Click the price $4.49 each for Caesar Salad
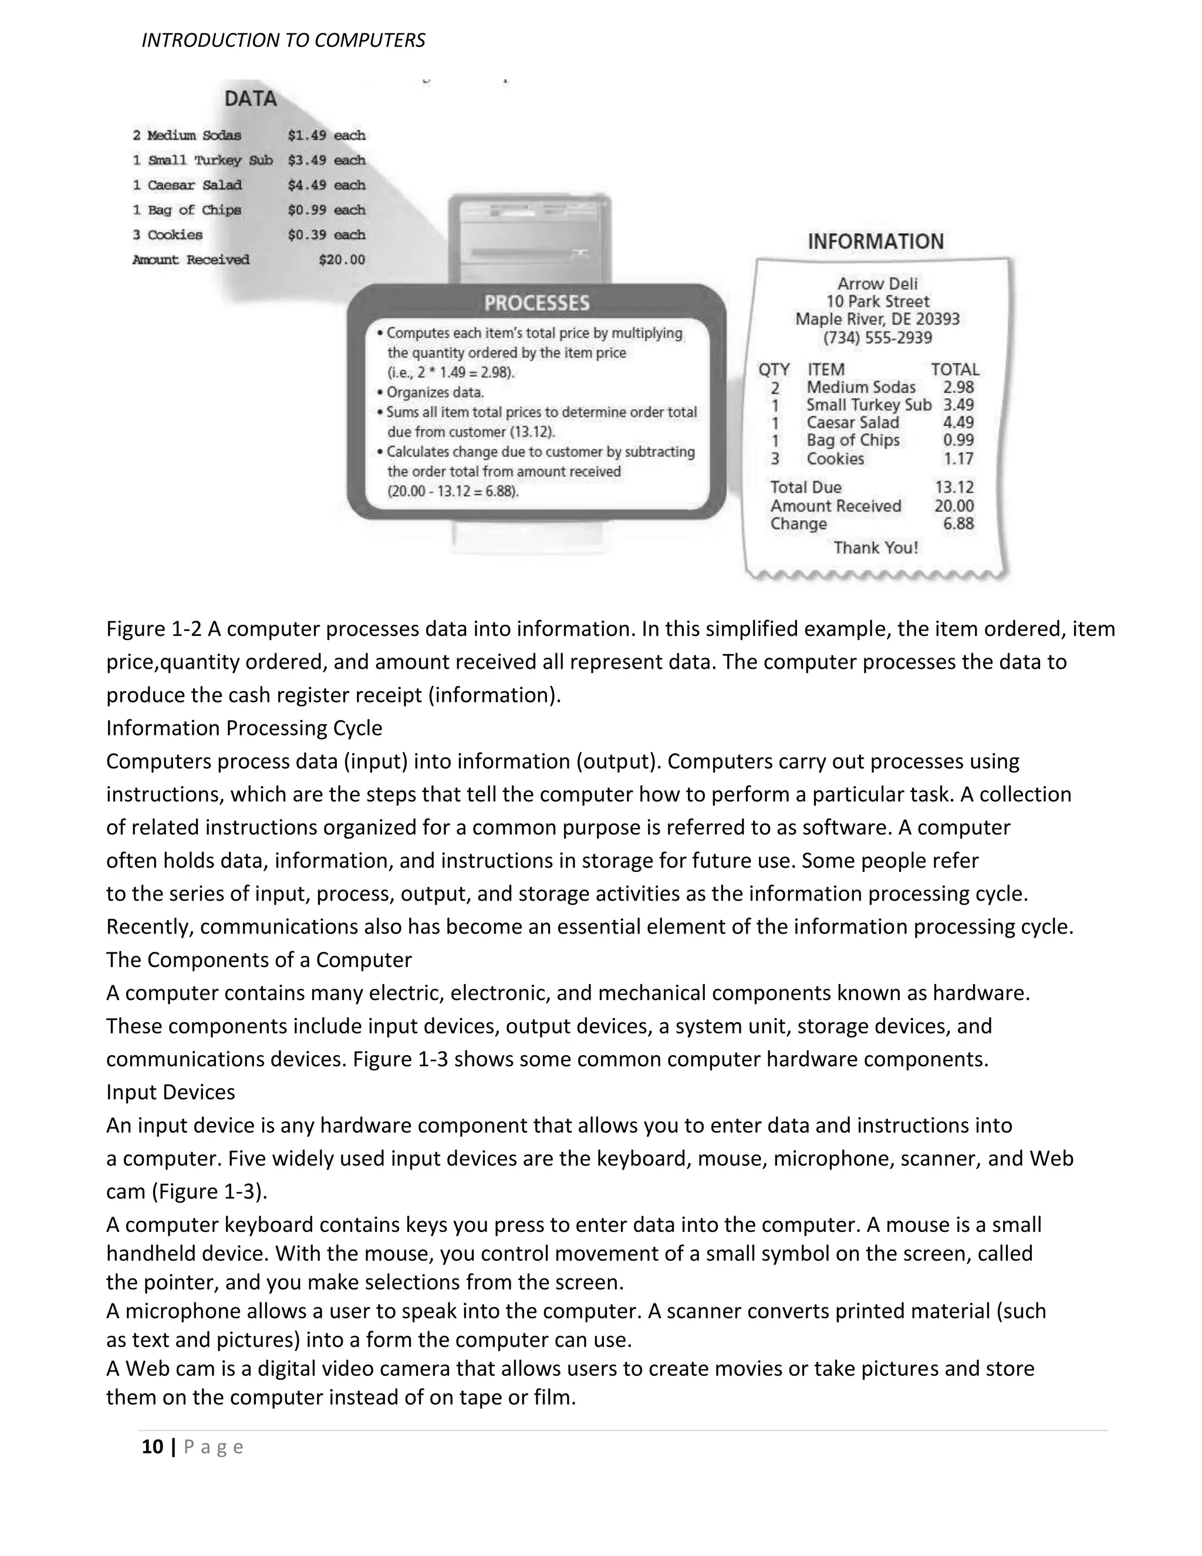click(326, 185)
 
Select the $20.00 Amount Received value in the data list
click(342, 260)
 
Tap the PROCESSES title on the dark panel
click(537, 304)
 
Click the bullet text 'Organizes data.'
click(435, 393)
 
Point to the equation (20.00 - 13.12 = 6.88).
click(453, 491)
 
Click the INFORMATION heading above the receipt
click(875, 241)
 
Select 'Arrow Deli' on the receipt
click(877, 284)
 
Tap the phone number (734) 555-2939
click(877, 338)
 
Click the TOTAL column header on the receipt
click(954, 370)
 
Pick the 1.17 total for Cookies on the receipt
click(958, 459)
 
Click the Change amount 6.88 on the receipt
click(958, 524)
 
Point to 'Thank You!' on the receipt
click(876, 548)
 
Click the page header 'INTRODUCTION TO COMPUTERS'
click(283, 41)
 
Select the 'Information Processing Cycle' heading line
click(244, 728)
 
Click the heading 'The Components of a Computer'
click(258, 959)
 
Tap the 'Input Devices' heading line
click(171, 1092)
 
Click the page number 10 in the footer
click(153, 1447)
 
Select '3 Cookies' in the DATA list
click(168, 235)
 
